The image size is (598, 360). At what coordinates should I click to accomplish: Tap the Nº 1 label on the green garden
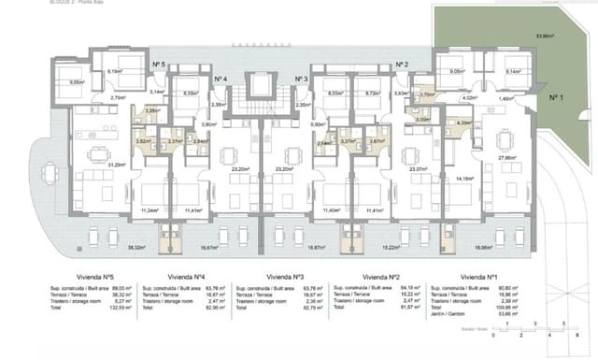(x=555, y=96)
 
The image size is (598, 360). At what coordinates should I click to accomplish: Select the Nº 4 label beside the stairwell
(x=221, y=79)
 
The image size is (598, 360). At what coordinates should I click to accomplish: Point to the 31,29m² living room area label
(x=92, y=166)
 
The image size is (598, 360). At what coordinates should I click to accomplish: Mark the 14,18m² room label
(x=461, y=178)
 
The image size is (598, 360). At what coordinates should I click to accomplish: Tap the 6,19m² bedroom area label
(x=116, y=71)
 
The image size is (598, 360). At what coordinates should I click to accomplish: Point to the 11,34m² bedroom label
(x=148, y=211)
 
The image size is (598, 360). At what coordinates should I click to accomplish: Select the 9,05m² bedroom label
(x=457, y=71)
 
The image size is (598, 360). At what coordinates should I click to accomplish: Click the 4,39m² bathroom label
(x=463, y=122)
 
